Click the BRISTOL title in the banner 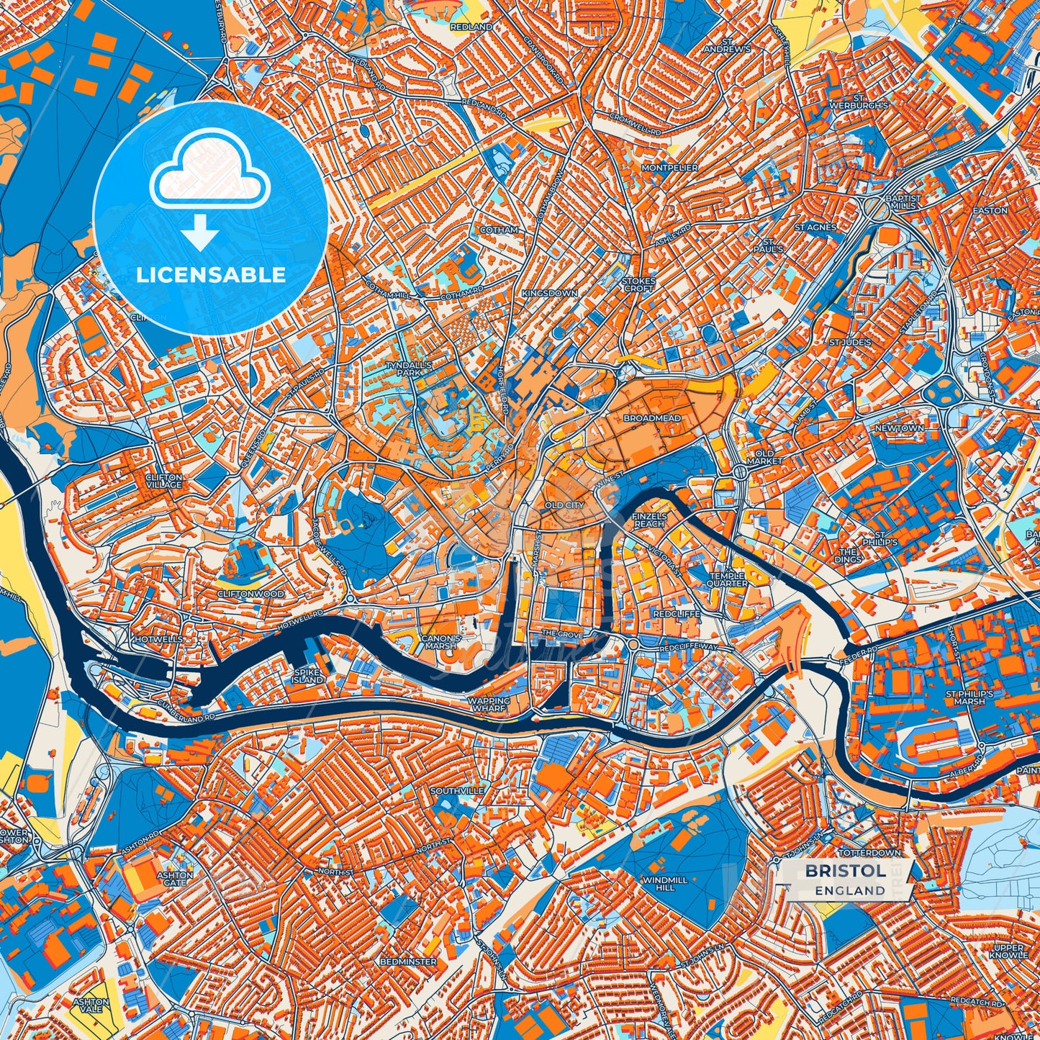coord(845,871)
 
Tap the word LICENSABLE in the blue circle coord(211,275)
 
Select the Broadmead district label coord(651,418)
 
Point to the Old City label coord(564,505)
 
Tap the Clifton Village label coord(163,481)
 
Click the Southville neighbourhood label coord(457,791)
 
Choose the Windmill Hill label coord(665,884)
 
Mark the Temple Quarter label coord(728,580)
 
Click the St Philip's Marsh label coord(969,697)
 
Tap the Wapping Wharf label coord(489,705)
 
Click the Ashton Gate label coord(175,880)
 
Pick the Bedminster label coord(409,962)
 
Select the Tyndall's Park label coord(408,369)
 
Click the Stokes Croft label coord(638,284)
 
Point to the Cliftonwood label coord(250,594)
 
